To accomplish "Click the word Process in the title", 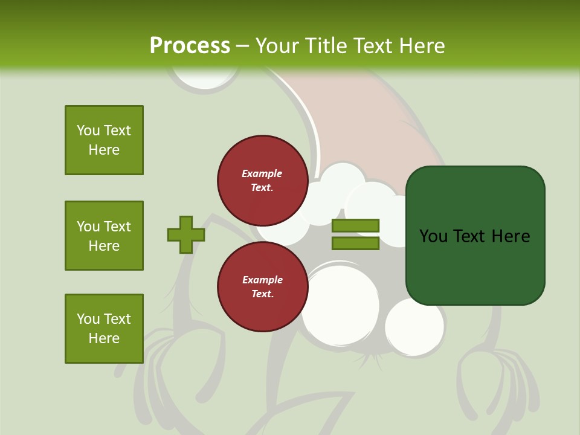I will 190,46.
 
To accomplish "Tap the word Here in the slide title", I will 421,46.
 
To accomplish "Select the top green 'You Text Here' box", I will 104,140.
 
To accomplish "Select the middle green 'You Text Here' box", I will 104,236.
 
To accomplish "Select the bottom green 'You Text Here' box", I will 104,329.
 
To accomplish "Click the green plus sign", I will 185,234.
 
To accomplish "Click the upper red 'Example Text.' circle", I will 262,180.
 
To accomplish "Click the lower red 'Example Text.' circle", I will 262,286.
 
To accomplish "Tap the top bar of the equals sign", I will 355,225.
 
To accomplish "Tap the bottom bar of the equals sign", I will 355,243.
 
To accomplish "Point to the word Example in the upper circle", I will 262,173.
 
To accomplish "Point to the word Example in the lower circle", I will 262,280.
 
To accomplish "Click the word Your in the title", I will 276,46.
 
